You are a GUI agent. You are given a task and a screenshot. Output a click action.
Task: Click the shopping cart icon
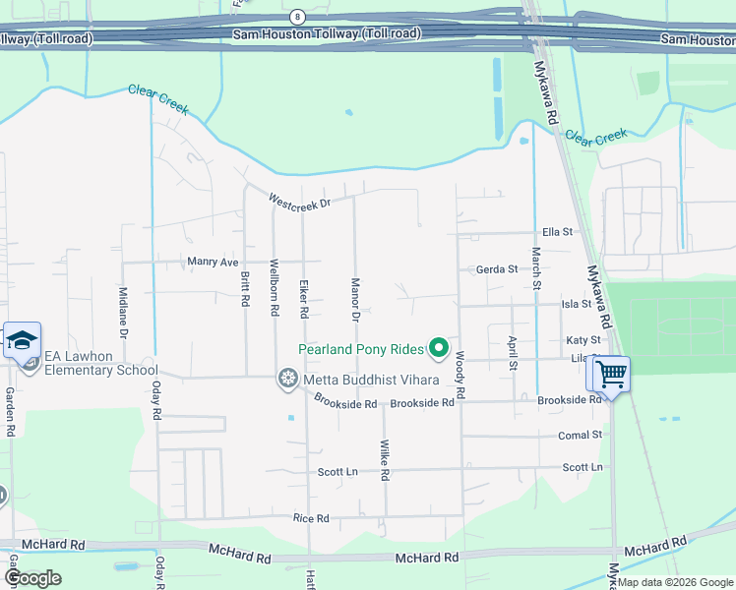coord(611,374)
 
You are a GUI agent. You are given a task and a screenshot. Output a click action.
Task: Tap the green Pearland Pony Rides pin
coord(438,348)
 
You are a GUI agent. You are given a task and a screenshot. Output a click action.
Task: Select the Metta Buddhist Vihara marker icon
coord(287,379)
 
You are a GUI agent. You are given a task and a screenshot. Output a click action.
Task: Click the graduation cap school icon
coord(22,341)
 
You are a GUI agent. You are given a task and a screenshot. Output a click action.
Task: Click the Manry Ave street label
coord(214,263)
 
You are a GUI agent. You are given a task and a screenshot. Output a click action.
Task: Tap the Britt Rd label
coord(245,289)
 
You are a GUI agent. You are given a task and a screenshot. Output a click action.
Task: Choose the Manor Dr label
coord(355,299)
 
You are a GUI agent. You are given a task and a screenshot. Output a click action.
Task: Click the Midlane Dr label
coord(123,313)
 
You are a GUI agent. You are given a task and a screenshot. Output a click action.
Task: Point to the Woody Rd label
coord(460,378)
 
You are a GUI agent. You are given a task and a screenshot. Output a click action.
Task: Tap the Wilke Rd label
coord(385,460)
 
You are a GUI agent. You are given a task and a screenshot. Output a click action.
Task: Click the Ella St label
coord(557,232)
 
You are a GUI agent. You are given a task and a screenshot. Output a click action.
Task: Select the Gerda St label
coord(496,269)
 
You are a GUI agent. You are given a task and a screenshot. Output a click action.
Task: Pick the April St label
coord(513,352)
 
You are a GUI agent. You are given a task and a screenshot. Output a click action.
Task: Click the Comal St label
coord(581,435)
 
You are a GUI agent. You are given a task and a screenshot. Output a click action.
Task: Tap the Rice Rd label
coord(310,517)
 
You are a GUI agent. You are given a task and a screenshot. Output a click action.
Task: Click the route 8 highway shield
coord(297,17)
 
